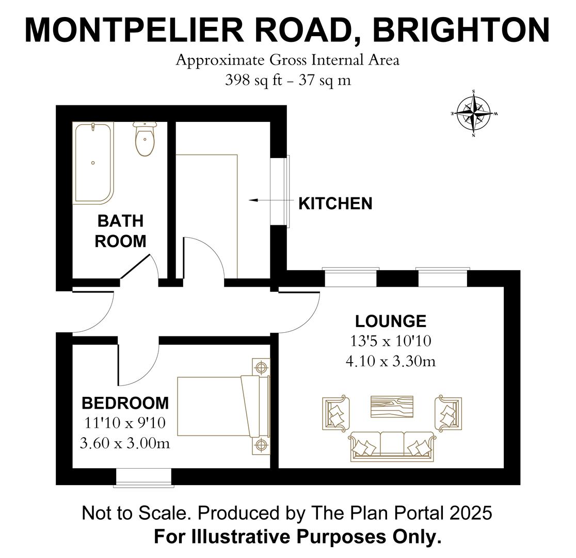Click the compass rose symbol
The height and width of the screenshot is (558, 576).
473,113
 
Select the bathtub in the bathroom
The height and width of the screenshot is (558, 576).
93,163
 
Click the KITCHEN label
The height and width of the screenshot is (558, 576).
335,204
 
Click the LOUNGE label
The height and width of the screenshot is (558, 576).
391,321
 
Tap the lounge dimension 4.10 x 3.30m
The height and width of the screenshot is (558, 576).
391,361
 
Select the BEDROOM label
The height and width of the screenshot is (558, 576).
125,402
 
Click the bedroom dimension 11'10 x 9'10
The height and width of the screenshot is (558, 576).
125,423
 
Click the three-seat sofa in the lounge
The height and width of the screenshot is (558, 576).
391,445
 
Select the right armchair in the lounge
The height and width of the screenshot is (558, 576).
447,412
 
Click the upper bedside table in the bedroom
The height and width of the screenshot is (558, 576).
261,368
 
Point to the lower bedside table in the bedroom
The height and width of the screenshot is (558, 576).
261,445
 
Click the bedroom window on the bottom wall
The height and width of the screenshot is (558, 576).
143,477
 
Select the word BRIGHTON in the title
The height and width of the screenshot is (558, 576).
461,30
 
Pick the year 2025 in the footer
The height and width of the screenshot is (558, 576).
471,513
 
